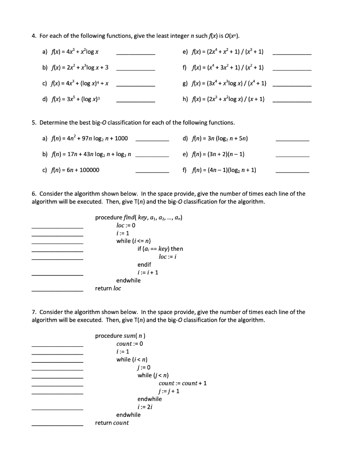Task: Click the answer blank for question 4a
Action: tap(136, 54)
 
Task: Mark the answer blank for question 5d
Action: tap(292, 140)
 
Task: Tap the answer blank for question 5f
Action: tap(292, 172)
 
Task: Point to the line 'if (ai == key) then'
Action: tap(160, 249)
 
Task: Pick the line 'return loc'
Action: tap(108, 289)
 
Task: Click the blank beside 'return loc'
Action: tap(57, 290)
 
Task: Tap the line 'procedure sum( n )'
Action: tap(120, 336)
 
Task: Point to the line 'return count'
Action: tap(112, 423)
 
